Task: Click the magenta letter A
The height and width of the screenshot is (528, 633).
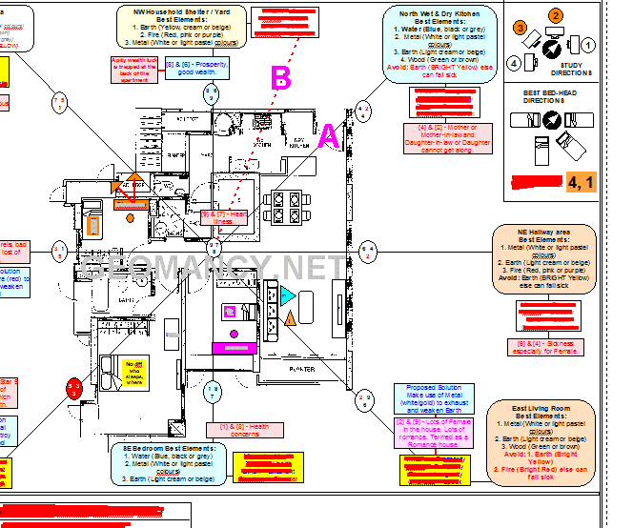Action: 328,136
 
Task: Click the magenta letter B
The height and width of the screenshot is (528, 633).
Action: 280,78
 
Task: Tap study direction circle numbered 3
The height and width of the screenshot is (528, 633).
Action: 520,29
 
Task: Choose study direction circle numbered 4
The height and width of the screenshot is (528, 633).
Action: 515,63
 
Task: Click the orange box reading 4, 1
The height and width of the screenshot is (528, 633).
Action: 581,180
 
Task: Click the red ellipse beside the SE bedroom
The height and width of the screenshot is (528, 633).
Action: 74,388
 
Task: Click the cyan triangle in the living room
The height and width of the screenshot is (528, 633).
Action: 288,296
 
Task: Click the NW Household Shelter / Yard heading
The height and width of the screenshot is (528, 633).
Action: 183,11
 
